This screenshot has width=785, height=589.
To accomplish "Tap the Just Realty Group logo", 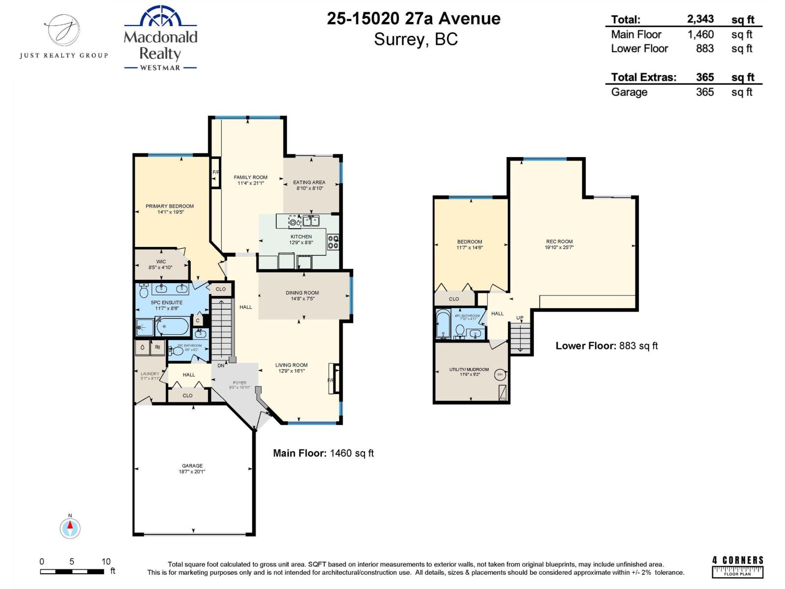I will [x=63, y=37].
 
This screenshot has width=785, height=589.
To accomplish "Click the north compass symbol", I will [x=70, y=528].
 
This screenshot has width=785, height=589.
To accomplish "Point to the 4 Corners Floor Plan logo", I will [x=737, y=566].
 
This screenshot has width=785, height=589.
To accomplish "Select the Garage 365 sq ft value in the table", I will [x=705, y=92].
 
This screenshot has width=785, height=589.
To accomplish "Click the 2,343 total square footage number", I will [x=700, y=19].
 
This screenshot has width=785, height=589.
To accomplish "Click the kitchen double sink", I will [x=311, y=221].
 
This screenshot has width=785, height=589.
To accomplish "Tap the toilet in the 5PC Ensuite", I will [x=144, y=292].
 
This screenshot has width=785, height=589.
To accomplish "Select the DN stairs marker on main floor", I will [x=221, y=365].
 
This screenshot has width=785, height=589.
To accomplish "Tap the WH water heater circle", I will [x=500, y=375].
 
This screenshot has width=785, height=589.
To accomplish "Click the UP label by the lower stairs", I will [x=520, y=318].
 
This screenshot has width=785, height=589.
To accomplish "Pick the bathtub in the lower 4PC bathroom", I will [x=443, y=324].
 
